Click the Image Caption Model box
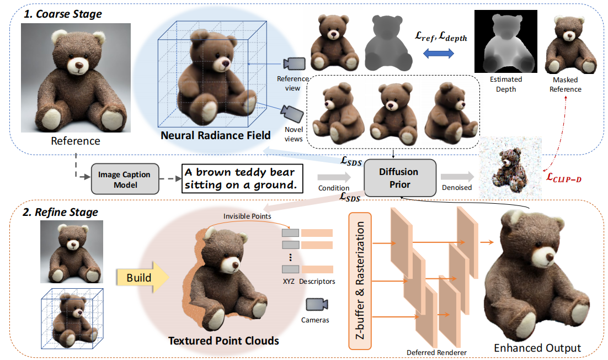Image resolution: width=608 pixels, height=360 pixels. click(x=124, y=179)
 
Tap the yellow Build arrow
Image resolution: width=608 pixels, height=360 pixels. click(x=141, y=277)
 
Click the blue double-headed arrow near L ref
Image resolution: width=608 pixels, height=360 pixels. click(x=439, y=53)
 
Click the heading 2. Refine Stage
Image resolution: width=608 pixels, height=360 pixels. click(x=61, y=212)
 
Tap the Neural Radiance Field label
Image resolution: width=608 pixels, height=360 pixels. click(x=216, y=135)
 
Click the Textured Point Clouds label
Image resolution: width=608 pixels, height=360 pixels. click(x=223, y=340)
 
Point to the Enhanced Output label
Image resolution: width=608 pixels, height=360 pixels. click(x=537, y=348)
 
